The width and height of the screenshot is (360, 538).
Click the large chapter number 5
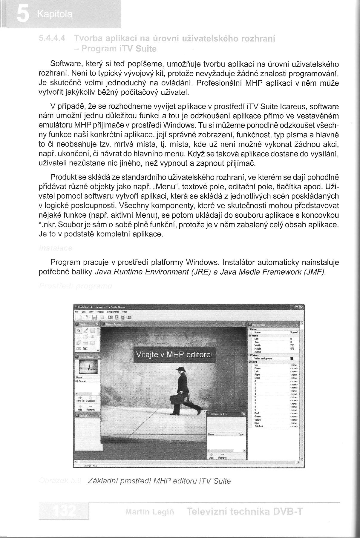22,14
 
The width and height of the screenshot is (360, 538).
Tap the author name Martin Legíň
150,512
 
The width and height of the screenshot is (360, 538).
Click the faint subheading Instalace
55,248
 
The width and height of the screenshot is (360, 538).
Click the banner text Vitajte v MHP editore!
174,355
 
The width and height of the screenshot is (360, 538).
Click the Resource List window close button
243,414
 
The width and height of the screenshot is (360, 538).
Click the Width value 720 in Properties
292,345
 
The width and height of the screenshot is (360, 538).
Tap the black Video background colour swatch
292,358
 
